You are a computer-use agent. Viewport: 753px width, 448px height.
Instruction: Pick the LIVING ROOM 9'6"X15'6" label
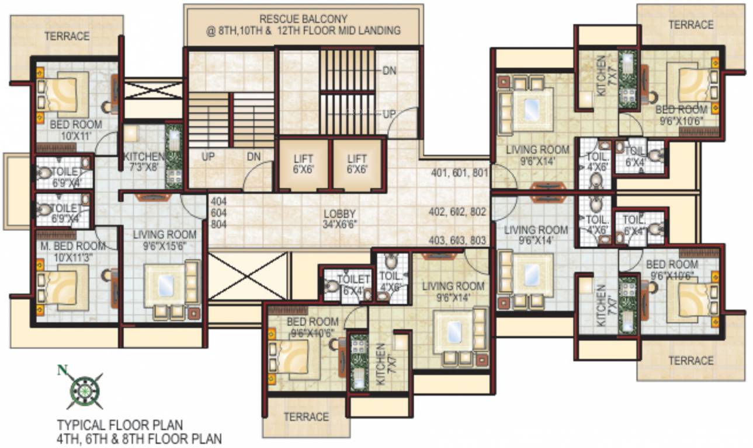tap(165, 240)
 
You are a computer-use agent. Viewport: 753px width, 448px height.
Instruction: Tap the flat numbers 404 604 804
tap(218, 213)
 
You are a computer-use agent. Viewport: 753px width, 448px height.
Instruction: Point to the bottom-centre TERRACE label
tap(306, 416)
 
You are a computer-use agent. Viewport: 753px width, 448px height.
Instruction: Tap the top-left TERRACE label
tap(68, 36)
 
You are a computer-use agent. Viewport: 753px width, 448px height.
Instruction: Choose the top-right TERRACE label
tap(690, 25)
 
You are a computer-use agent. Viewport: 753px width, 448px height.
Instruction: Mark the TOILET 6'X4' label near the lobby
tap(349, 285)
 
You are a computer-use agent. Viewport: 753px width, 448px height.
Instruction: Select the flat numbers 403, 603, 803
tap(458, 240)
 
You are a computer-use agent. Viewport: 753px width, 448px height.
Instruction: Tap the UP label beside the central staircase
tap(390, 114)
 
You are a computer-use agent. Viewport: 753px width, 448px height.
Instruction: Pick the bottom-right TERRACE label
tap(690, 360)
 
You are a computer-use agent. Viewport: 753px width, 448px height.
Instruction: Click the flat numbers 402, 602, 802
tap(458, 212)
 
